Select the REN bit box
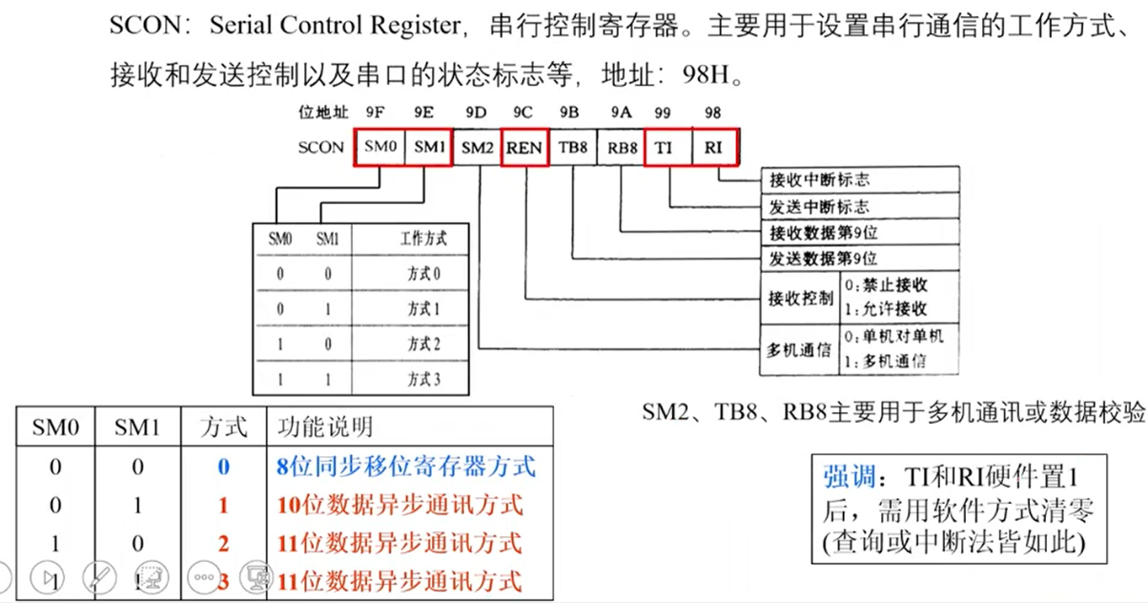pyautogui.click(x=523, y=148)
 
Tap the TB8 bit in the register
pyautogui.click(x=573, y=148)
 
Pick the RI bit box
pyautogui.click(x=713, y=148)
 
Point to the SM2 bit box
pyautogui.click(x=477, y=148)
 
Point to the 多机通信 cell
pyautogui.click(x=800, y=350)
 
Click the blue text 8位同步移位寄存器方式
pyautogui.click(x=405, y=467)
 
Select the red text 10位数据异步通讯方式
pyautogui.click(x=400, y=505)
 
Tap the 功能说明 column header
pyautogui.click(x=325, y=426)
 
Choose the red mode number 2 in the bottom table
pyautogui.click(x=223, y=543)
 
